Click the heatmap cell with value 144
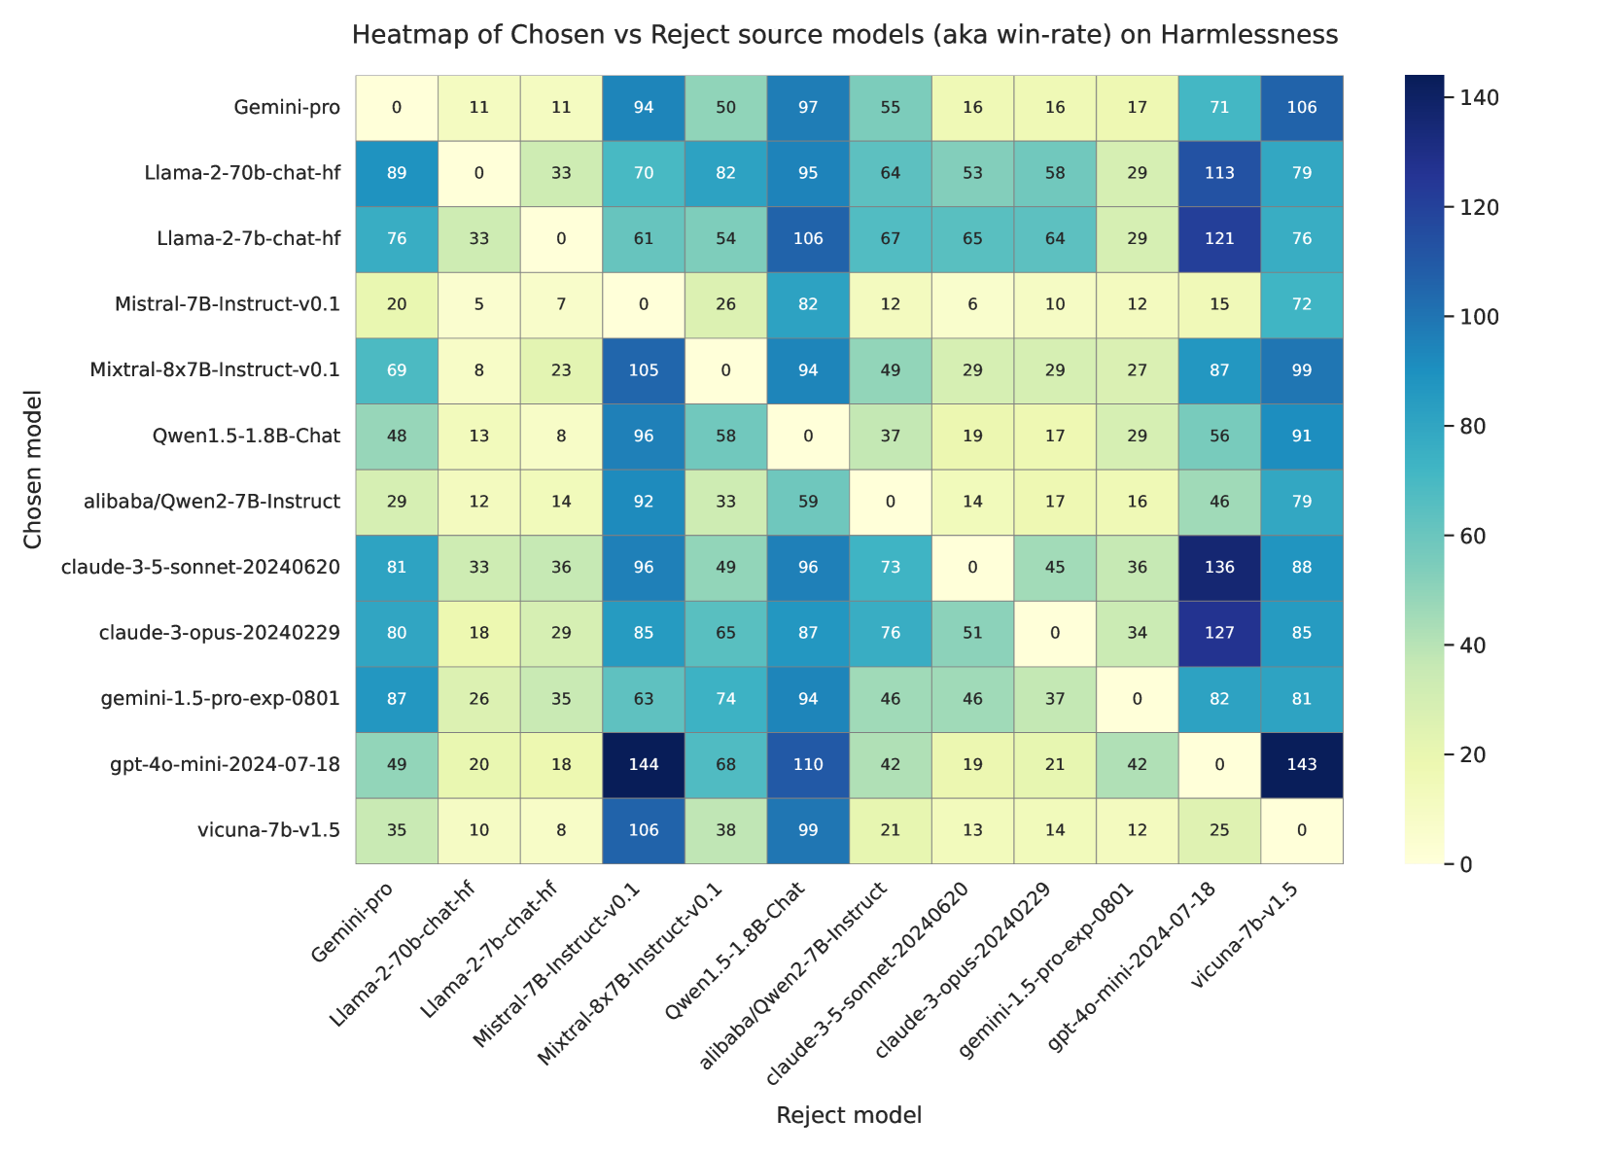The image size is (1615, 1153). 644,764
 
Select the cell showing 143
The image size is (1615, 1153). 1301,764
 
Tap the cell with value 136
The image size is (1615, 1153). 1219,567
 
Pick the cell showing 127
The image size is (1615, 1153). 1219,633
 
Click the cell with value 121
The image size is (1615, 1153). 1219,238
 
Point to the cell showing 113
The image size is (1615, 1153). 1219,173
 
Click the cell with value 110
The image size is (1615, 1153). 808,764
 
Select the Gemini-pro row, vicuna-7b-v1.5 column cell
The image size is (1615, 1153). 1301,107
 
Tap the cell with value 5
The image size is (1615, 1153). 479,304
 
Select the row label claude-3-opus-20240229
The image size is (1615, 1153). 220,633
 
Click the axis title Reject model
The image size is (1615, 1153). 849,1115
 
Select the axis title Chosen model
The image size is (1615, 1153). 34,469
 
